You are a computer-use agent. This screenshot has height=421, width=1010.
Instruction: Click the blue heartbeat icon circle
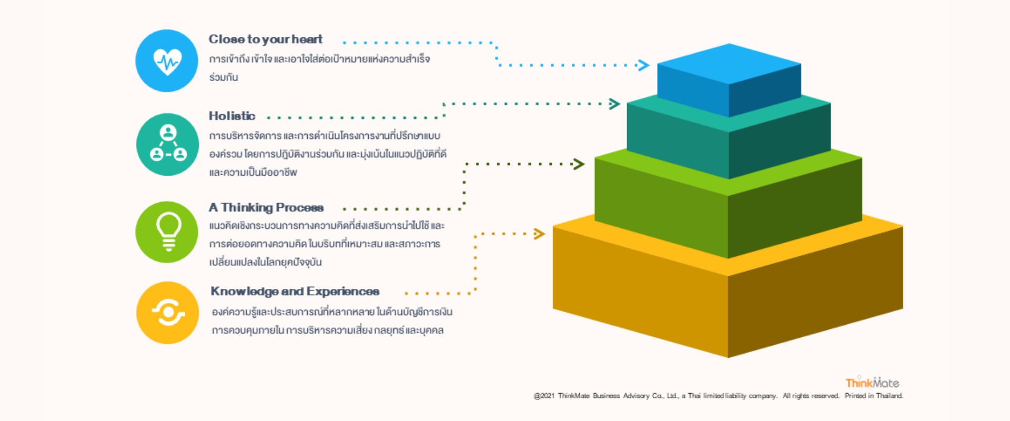(x=167, y=61)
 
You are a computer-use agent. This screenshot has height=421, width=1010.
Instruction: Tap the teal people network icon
(x=168, y=144)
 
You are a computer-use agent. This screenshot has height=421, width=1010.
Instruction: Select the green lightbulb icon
(x=167, y=232)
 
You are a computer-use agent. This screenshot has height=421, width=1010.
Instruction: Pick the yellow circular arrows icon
(x=168, y=313)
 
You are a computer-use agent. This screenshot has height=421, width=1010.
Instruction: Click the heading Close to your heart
(x=265, y=39)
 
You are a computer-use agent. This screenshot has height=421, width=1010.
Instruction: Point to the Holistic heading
(x=232, y=116)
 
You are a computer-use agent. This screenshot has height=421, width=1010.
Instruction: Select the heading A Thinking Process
(x=266, y=208)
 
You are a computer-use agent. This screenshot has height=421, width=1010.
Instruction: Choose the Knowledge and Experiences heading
(x=295, y=292)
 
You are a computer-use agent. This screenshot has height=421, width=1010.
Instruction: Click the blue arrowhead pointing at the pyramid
(x=643, y=65)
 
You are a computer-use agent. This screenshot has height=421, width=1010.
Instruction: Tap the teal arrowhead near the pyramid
(x=614, y=104)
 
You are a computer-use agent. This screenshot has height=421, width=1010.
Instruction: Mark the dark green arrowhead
(x=579, y=164)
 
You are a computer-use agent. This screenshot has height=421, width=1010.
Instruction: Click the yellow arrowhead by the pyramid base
(x=539, y=234)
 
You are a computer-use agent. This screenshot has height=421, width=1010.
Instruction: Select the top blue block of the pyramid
(x=729, y=79)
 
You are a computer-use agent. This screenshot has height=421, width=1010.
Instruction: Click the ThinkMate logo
(x=872, y=383)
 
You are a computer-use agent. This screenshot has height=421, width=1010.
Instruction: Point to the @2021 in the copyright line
(x=544, y=396)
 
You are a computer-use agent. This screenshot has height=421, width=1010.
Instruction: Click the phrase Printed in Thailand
(x=874, y=396)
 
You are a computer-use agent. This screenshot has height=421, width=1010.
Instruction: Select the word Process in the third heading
(x=299, y=208)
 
